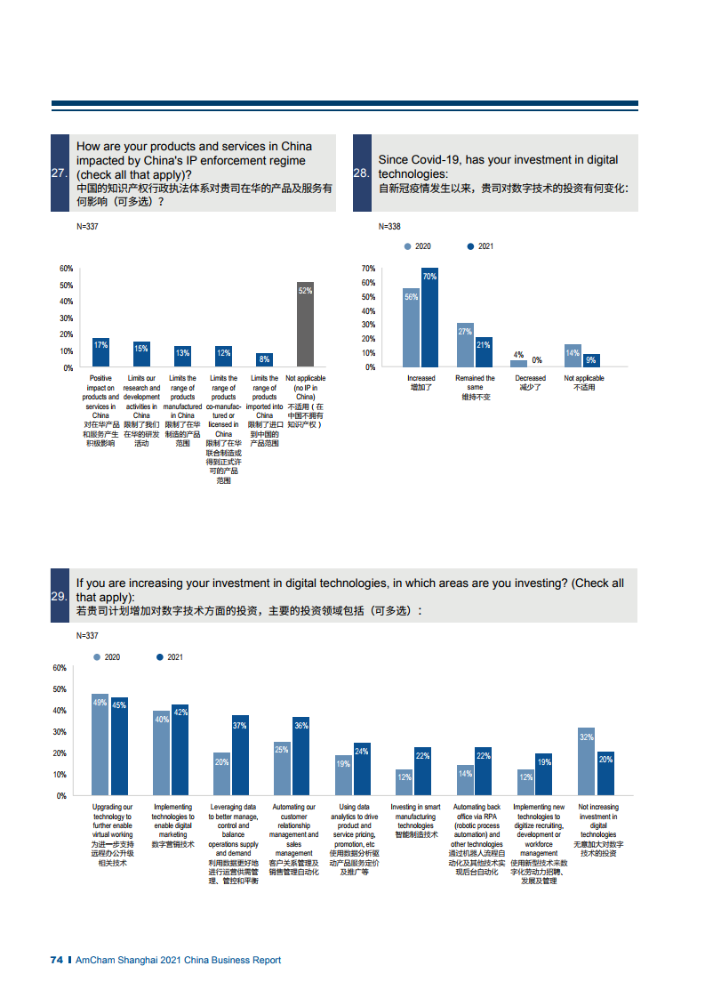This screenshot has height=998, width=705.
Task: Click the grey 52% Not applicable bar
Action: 305,324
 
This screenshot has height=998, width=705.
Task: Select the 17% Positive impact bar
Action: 100,352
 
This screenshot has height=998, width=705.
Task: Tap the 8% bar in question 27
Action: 264,360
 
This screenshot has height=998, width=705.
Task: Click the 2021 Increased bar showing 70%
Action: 429,318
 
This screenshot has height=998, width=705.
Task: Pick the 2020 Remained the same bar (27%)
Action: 465,345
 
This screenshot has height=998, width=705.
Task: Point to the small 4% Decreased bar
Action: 518,363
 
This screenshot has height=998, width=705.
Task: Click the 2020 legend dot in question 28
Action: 407,246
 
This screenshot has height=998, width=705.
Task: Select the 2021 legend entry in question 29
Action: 169,657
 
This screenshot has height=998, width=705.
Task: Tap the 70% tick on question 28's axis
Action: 368,268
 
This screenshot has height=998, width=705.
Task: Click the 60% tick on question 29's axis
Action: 60,668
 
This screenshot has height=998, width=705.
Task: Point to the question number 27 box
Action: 60,173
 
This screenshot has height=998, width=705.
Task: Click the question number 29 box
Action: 60,596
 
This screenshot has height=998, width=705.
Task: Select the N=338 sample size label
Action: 389,226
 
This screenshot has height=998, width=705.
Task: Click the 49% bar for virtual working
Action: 100,744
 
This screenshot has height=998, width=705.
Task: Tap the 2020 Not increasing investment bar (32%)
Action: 586,761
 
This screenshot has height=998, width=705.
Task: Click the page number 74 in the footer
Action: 56,960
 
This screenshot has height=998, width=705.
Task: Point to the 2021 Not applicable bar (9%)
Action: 591,360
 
